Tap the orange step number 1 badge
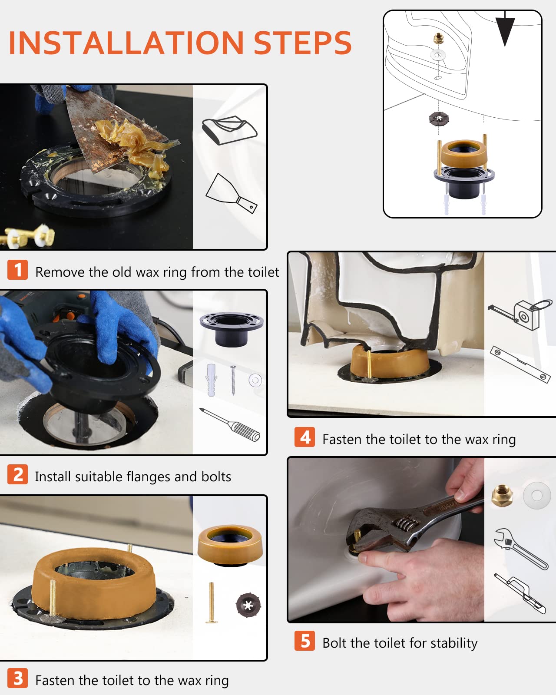(18, 270)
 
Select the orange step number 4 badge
(305, 437)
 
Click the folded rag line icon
(229, 130)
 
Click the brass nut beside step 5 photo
(502, 496)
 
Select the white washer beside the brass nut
(537, 496)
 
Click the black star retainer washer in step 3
(248, 605)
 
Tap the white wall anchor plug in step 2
(212, 380)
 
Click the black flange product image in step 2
(232, 328)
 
